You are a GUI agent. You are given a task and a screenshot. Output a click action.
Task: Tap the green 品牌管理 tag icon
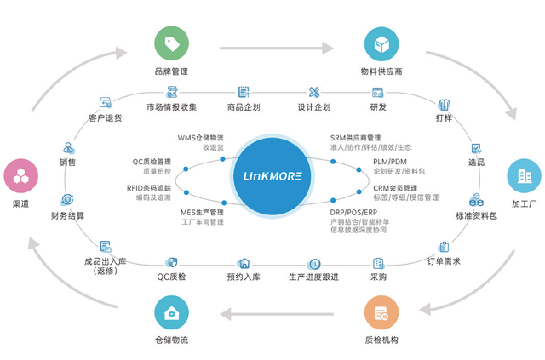[x=171, y=43]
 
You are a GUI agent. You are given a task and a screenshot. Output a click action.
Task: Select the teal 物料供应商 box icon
[x=381, y=43]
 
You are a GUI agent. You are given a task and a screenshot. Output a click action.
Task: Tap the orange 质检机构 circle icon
[x=381, y=313]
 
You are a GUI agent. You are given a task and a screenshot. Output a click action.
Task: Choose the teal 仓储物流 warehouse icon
[x=171, y=313]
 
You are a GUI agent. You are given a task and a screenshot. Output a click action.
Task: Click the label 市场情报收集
[x=171, y=107]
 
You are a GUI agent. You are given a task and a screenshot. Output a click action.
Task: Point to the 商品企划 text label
[x=244, y=107]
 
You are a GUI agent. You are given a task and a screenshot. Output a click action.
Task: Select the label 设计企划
[x=313, y=107]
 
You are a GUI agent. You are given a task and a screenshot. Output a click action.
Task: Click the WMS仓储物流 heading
[x=200, y=138]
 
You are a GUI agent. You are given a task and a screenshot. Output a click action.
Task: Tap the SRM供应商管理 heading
[x=355, y=138]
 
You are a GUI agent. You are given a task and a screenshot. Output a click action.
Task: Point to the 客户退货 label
[x=106, y=117]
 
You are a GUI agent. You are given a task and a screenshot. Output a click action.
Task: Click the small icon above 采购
[x=378, y=263]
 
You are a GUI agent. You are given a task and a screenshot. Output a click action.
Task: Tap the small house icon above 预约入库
[x=244, y=263]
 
